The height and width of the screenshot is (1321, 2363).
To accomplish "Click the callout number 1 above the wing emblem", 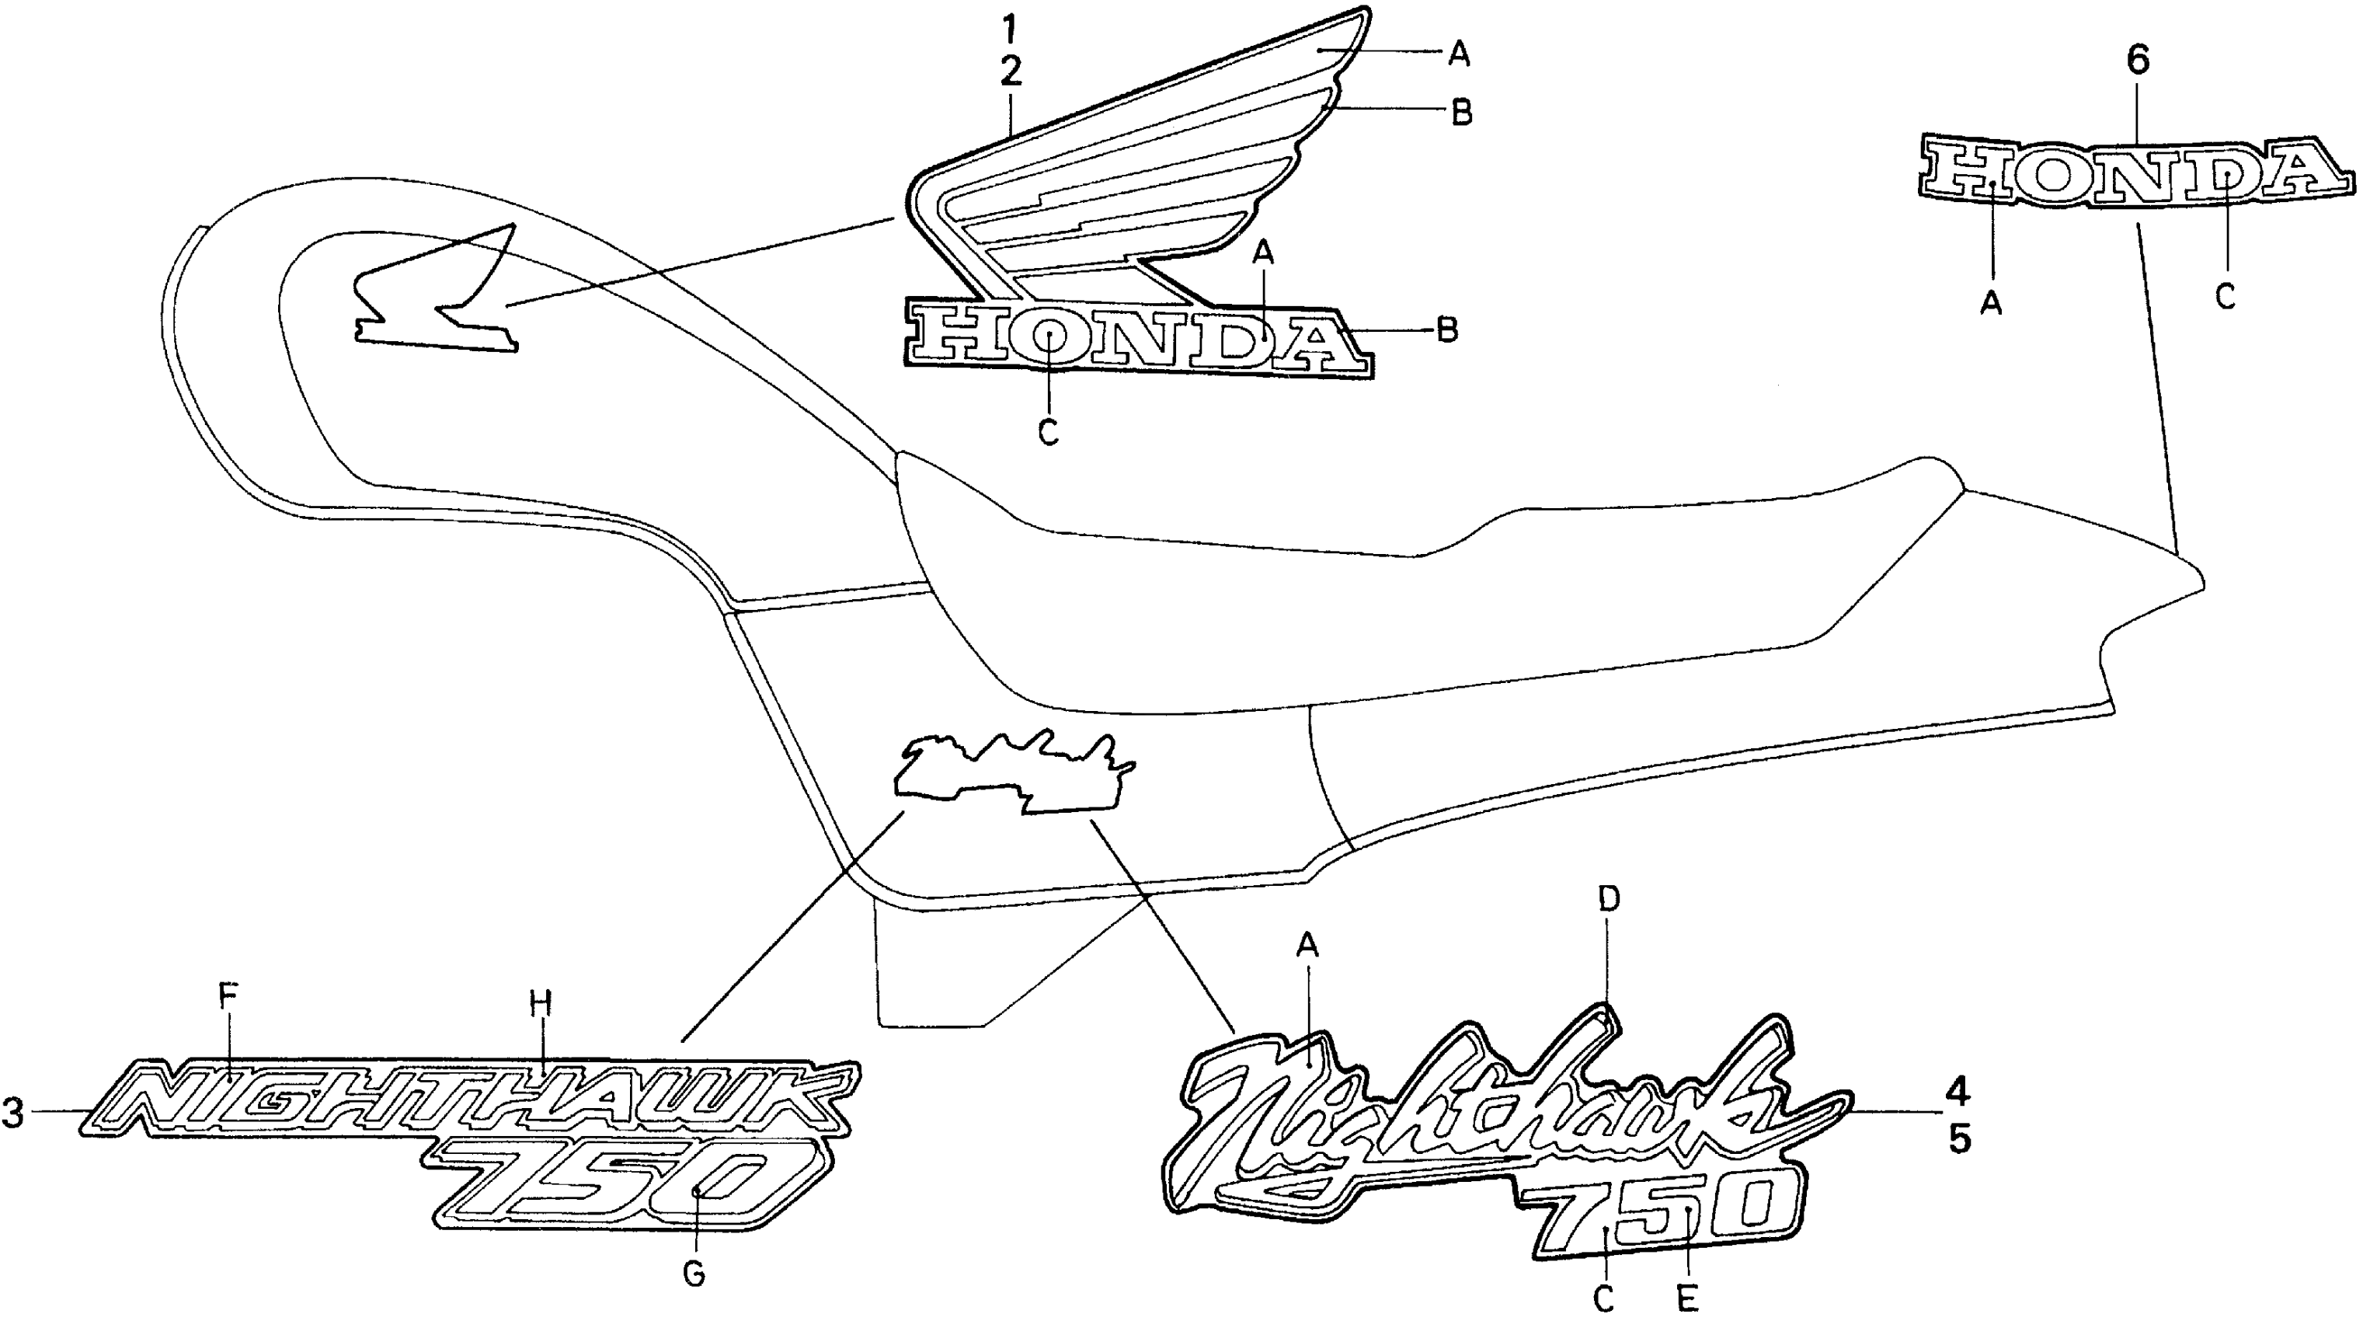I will [x=1009, y=31].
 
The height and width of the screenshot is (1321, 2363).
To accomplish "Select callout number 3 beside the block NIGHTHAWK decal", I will [x=13, y=1112].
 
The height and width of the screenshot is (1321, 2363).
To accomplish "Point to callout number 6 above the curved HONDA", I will [x=2137, y=61].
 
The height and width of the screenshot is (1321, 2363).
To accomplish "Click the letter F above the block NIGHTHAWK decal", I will [x=228, y=995].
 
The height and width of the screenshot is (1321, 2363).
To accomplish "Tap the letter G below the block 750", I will [x=694, y=1274].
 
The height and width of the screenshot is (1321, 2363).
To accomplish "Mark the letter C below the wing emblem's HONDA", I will [x=1049, y=432].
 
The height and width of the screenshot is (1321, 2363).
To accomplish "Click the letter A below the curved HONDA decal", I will [x=1991, y=301].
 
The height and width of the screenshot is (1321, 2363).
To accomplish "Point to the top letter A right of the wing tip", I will [x=1459, y=56].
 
